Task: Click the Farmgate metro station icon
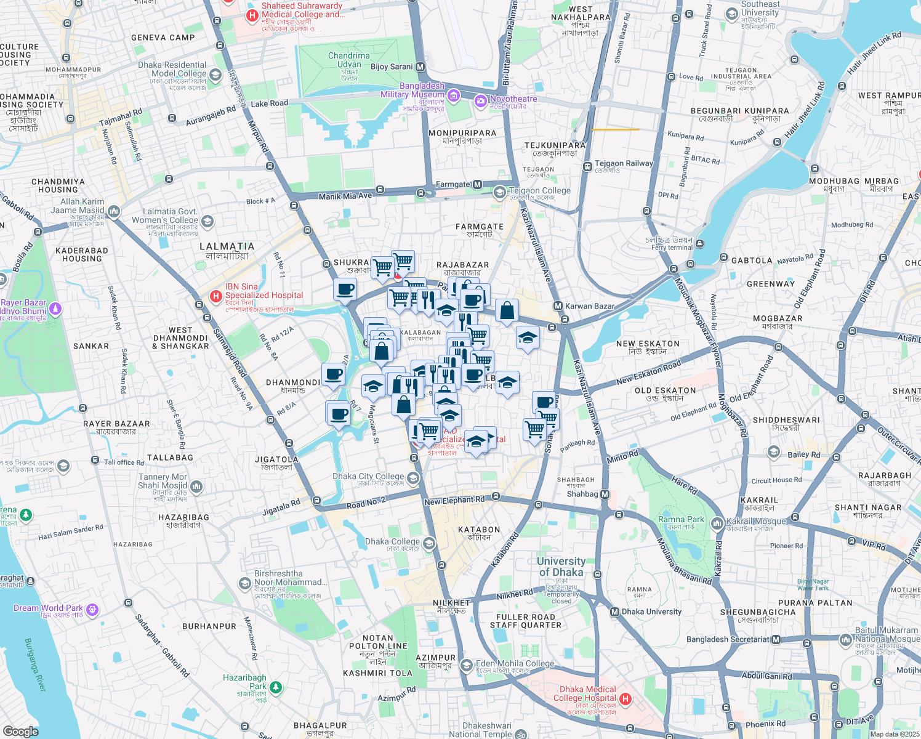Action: tap(477, 185)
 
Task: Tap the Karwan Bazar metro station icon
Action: tap(558, 306)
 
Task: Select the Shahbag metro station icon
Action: tap(605, 494)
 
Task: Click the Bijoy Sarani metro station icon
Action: tap(420, 67)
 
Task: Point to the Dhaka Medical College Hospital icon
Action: tap(625, 698)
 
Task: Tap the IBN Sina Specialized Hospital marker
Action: tap(216, 296)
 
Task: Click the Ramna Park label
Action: tap(680, 519)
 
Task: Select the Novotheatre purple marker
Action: tap(481, 101)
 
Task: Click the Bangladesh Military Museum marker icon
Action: tap(454, 95)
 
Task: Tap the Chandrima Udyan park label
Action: tap(349, 60)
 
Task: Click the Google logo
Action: tap(20, 731)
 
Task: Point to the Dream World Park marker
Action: tap(92, 610)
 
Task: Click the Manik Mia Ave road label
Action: tap(345, 196)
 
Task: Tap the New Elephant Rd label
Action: tap(454, 501)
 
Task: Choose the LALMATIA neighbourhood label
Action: tap(227, 246)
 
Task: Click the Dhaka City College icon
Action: tap(413, 479)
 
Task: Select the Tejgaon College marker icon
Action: tap(499, 193)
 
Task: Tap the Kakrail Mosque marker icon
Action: tap(717, 524)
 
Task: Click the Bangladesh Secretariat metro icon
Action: tap(776, 639)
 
